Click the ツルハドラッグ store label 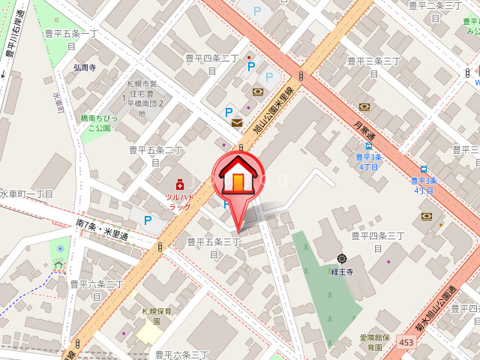pos(179,202)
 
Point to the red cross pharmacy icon pos(179,184)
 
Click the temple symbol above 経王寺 pos(342,259)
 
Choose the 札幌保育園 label pos(157,316)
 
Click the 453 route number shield pos(406,343)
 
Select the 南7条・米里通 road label pos(102,229)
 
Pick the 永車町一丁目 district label pos(25,194)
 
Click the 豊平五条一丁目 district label pos(71,39)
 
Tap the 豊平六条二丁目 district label pos(96,289)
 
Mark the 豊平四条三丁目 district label pos(378,241)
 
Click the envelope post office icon pos(237,122)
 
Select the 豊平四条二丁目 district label pos(211,64)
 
